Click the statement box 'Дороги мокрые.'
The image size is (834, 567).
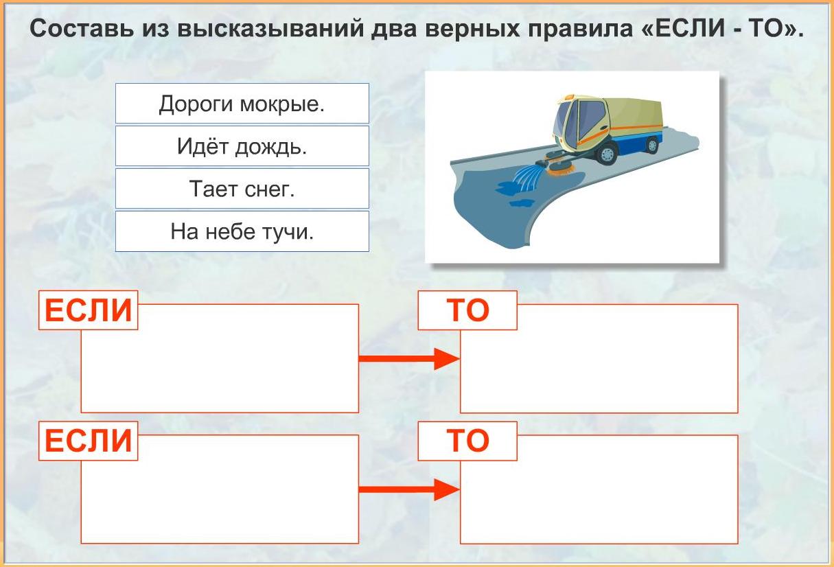click(242, 103)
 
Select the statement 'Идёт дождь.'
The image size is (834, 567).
click(242, 146)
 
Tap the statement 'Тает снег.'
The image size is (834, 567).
click(242, 188)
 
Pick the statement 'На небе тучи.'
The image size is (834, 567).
click(242, 231)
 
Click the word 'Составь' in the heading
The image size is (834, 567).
click(82, 28)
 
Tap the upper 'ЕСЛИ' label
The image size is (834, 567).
click(89, 310)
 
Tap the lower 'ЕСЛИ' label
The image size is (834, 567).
click(89, 441)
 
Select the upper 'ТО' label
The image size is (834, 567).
click(467, 310)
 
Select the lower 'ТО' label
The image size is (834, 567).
click(467, 441)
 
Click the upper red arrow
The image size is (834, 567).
click(409, 359)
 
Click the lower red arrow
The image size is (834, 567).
click(409, 489)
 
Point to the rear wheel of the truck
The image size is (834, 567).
click(652, 146)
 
